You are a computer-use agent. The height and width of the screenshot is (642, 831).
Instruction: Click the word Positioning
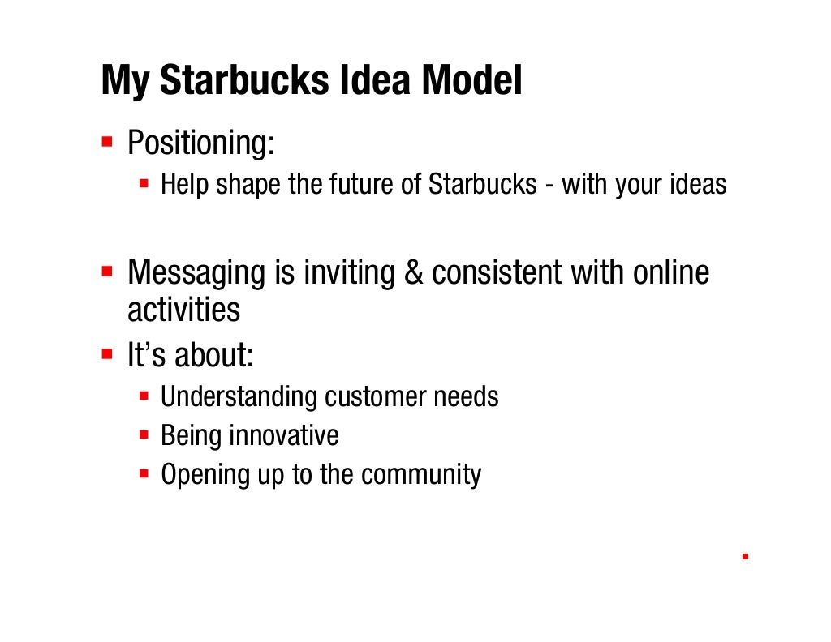coord(200,146)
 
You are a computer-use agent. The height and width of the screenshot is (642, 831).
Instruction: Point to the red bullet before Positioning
coord(106,142)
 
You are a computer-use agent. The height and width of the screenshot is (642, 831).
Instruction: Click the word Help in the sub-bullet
coord(184,185)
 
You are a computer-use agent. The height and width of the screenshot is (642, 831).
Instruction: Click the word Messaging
coord(196,274)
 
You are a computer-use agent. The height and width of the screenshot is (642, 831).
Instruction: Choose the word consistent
coord(496,273)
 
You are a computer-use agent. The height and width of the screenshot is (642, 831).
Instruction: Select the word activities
coord(183,310)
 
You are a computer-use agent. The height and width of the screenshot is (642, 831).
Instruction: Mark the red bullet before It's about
coord(106,354)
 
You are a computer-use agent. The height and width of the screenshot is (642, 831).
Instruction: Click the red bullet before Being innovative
coord(144,435)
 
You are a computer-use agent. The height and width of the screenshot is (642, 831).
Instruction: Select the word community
coord(421,475)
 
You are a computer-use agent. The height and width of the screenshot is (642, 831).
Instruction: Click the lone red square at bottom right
coord(744,557)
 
